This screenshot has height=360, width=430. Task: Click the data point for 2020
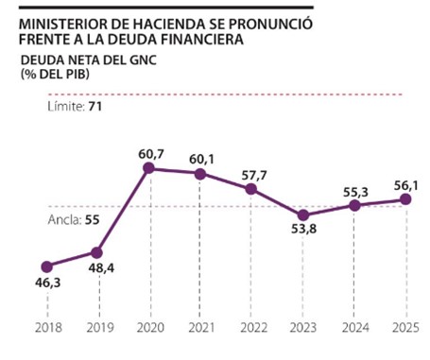148,168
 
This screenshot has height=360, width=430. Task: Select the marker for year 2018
47,266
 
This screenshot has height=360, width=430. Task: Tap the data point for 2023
303,215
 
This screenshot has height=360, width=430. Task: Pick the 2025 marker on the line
405,199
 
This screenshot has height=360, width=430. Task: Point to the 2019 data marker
96,252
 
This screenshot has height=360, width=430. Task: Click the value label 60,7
151,154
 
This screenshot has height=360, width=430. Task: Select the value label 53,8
303,229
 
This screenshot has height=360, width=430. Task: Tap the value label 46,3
47,283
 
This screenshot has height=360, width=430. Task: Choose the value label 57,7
254,176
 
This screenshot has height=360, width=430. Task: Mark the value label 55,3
355,192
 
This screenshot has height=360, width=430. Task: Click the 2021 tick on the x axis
201,328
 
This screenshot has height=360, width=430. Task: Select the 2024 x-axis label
355,328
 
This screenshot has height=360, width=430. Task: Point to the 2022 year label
253,328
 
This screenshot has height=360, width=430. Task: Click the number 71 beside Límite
95,107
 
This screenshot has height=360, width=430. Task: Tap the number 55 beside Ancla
93,220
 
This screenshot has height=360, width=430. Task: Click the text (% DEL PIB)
55,74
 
